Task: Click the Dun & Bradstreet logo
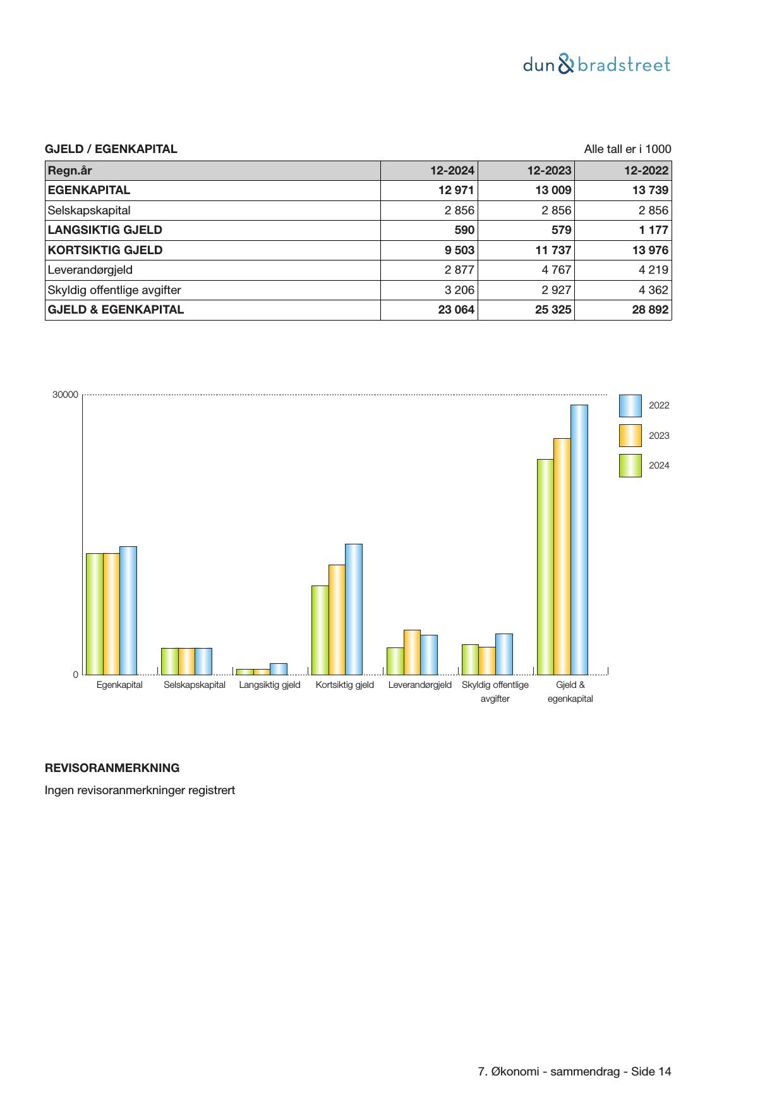point(596,64)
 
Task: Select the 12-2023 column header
point(549,170)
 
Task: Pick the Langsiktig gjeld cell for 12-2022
point(651,230)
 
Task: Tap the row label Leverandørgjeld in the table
point(90,270)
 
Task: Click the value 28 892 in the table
point(650,310)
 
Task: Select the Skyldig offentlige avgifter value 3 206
point(458,290)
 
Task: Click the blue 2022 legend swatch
point(630,406)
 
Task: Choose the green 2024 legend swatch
point(630,465)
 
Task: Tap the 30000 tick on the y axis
point(65,395)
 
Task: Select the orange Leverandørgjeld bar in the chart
point(412,652)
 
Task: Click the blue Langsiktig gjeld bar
point(278,669)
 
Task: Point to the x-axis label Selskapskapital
point(194,685)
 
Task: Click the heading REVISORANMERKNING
point(112,768)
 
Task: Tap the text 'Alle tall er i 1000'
point(627,149)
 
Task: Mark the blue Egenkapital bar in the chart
point(128,610)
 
